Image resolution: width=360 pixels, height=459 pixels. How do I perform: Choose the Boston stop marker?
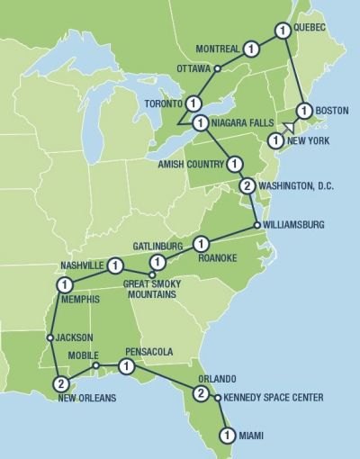point(304,111)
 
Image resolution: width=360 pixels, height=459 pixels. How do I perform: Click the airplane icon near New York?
point(289,127)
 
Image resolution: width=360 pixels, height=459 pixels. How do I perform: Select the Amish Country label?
point(193,164)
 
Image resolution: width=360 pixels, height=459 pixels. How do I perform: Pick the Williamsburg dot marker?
point(257,225)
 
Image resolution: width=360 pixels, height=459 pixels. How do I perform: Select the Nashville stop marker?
point(114,265)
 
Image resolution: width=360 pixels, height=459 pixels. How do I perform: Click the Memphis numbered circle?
point(64,284)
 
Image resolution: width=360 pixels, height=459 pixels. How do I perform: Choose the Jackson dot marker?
point(51,338)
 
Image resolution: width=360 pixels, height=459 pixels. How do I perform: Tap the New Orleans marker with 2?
point(60,382)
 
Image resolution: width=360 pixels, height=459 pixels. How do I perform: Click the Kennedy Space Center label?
point(273,397)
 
